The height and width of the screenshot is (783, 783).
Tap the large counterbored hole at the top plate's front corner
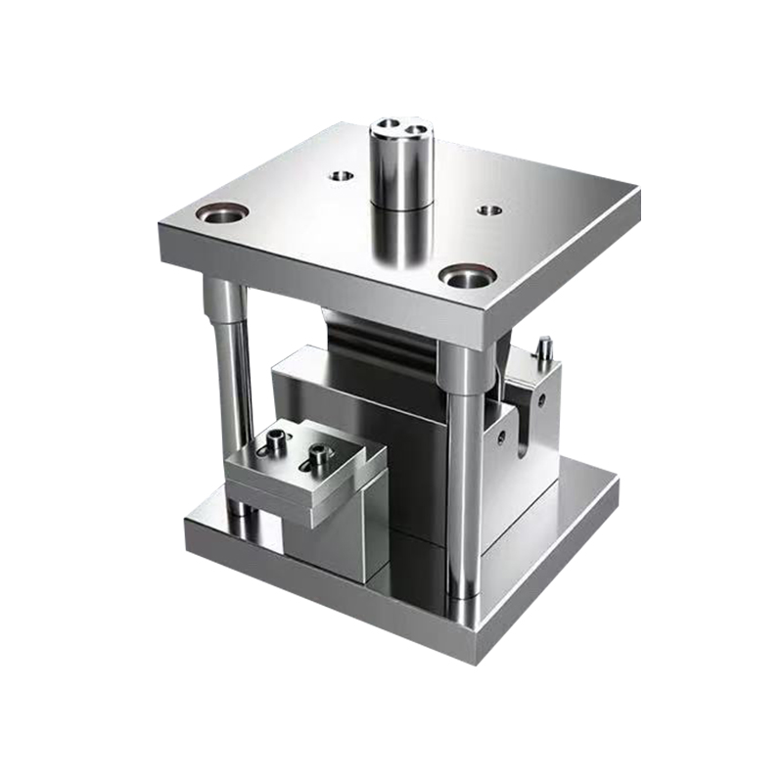[464, 277]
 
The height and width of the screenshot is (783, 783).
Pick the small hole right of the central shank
[489, 209]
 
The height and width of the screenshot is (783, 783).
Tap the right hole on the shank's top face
[416, 128]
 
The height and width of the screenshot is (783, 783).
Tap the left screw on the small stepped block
[278, 443]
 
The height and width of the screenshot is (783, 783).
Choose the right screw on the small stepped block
[318, 453]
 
